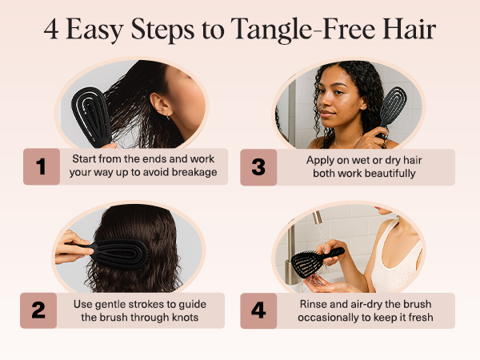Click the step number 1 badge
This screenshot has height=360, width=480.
[x=42, y=166]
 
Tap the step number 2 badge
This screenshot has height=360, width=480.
[x=38, y=310]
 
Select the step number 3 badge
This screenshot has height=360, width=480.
[x=258, y=167]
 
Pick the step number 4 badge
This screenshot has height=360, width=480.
[x=258, y=310]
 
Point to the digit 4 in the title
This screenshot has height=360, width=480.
[x=51, y=30]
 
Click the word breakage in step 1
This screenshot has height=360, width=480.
[x=194, y=172]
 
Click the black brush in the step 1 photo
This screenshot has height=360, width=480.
[x=91, y=116]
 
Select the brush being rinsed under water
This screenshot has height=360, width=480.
[x=315, y=262]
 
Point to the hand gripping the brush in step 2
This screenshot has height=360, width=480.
[x=73, y=247]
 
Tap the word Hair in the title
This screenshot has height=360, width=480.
[x=409, y=29]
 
